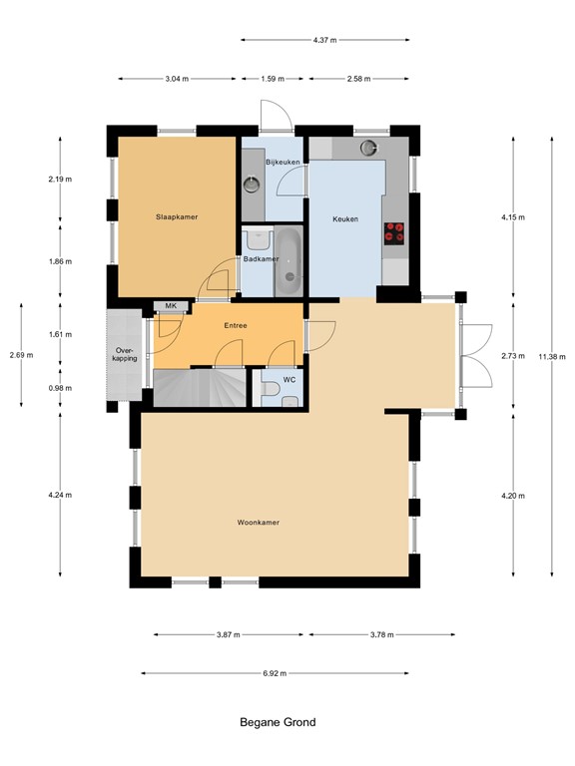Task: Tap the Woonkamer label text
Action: pyautogui.click(x=258, y=522)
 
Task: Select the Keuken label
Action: pyautogui.click(x=344, y=219)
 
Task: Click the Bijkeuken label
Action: pyautogui.click(x=283, y=162)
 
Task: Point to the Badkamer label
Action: pyautogui.click(x=261, y=259)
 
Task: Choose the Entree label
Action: pyautogui.click(x=236, y=325)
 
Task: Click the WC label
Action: pyautogui.click(x=288, y=380)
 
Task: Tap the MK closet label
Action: pyautogui.click(x=171, y=306)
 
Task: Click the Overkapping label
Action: pyautogui.click(x=125, y=354)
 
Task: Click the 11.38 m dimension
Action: pyautogui.click(x=551, y=355)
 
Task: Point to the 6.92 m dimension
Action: pyautogui.click(x=274, y=673)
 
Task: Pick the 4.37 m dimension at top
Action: pyautogui.click(x=324, y=40)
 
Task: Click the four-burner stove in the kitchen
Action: pyautogui.click(x=395, y=232)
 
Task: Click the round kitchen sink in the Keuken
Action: pyautogui.click(x=369, y=149)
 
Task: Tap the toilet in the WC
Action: pyautogui.click(x=290, y=401)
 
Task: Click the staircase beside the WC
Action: pyautogui.click(x=199, y=386)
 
